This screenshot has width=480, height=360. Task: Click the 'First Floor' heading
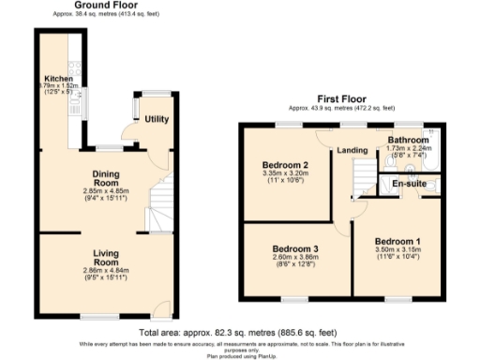pyautogui.click(x=341, y=97)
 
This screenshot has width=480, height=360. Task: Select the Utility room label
pyautogui.click(x=156, y=119)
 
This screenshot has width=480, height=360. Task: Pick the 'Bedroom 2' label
pyautogui.click(x=286, y=165)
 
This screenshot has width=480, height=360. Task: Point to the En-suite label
pyautogui.click(x=409, y=183)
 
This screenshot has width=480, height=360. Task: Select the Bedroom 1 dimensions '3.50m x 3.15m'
pyautogui.click(x=397, y=250)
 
